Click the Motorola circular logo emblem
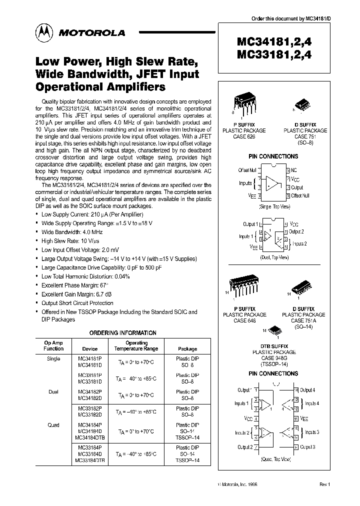[43, 32]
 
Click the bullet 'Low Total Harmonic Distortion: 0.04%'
[85, 276]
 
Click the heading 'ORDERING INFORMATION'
[122, 333]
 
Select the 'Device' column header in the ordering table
[89, 349]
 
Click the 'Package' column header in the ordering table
[187, 349]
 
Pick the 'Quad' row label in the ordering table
[53, 425]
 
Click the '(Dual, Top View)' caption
[274, 257]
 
